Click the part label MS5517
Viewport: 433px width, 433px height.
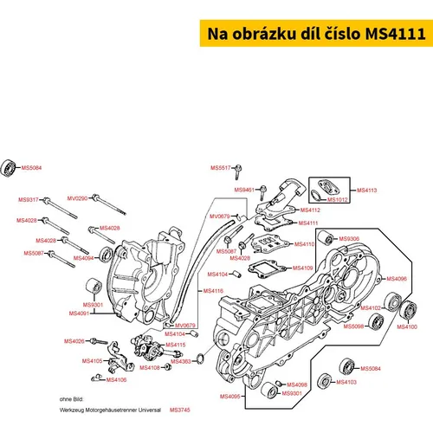pos(221,168)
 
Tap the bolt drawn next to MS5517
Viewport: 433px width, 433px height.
pos(238,171)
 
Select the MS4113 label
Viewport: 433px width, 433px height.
pos(367,191)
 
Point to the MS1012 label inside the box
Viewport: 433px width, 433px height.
pos(338,199)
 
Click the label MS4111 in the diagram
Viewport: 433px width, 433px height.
pos(308,223)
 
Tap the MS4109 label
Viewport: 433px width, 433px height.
pos(303,268)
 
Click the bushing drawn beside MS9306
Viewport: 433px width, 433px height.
pos(326,238)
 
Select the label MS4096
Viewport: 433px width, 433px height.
pos(397,279)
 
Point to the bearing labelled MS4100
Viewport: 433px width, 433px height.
pos(408,310)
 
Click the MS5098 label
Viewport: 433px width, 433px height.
pos(353,326)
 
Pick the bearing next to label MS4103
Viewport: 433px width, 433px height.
pos(325,381)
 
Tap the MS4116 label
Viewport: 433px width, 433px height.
pos(213,291)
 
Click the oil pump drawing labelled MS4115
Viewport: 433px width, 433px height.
pos(150,347)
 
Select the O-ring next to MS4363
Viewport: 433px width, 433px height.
pos(200,358)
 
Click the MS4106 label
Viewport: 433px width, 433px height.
pos(116,380)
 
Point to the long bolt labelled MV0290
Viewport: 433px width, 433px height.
pos(109,204)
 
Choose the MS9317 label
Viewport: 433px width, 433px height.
pos(29,199)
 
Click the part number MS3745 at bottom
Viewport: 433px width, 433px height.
pos(180,410)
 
